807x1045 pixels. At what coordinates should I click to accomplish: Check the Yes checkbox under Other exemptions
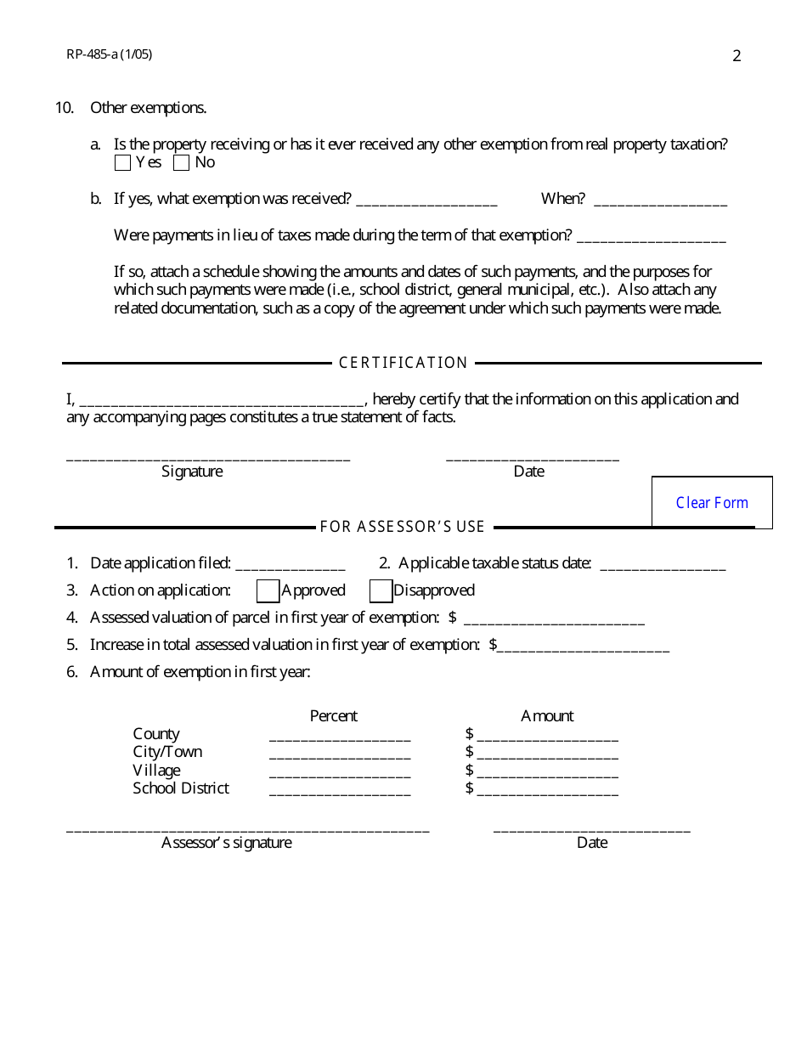click(x=122, y=162)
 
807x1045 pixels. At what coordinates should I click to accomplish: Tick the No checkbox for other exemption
click(x=181, y=162)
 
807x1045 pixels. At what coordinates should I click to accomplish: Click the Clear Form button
click(x=712, y=502)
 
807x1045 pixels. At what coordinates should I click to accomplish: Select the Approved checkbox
click(x=268, y=590)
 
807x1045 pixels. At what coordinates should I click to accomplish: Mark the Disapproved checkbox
click(x=381, y=590)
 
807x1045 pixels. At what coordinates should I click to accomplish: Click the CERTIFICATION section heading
click(x=403, y=363)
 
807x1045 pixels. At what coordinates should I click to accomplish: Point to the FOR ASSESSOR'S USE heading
click(x=403, y=527)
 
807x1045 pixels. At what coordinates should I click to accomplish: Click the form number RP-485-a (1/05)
click(x=110, y=54)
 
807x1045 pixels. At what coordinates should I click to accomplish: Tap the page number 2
click(x=736, y=56)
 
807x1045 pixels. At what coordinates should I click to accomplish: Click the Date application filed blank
click(x=290, y=564)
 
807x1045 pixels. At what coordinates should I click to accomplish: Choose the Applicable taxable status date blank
click(x=663, y=564)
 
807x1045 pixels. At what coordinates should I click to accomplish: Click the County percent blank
click(x=340, y=735)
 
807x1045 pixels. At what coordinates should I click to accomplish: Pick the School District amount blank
click(x=548, y=790)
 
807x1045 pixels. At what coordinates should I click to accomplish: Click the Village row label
click(x=156, y=770)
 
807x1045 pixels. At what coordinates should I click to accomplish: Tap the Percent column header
click(x=333, y=715)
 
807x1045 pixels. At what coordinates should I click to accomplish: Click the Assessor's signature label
click(x=226, y=842)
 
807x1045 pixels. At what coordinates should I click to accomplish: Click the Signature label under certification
click(x=192, y=471)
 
